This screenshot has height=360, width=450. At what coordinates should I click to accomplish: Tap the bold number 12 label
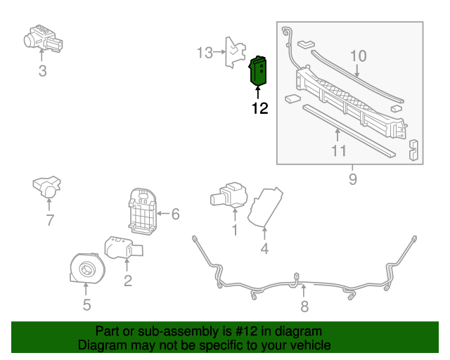point(259,108)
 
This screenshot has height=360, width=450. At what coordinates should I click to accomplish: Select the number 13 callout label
point(204,53)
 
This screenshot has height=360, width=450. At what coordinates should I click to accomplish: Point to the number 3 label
point(42,70)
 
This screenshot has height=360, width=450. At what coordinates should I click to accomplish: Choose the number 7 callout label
point(49,220)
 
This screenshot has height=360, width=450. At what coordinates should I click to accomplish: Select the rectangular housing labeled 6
point(143,209)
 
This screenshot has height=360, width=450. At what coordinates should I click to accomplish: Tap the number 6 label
point(175,213)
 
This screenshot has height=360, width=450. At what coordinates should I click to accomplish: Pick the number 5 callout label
point(86,304)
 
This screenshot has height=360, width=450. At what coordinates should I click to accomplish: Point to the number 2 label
point(127,282)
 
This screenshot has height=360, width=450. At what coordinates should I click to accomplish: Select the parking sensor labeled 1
point(229,194)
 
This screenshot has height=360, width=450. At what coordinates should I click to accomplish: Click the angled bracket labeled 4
point(266,207)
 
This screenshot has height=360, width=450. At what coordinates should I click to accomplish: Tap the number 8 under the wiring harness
point(304,306)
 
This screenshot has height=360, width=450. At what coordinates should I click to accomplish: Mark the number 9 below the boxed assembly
point(352,179)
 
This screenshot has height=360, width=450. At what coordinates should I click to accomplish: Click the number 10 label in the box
point(358,55)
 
